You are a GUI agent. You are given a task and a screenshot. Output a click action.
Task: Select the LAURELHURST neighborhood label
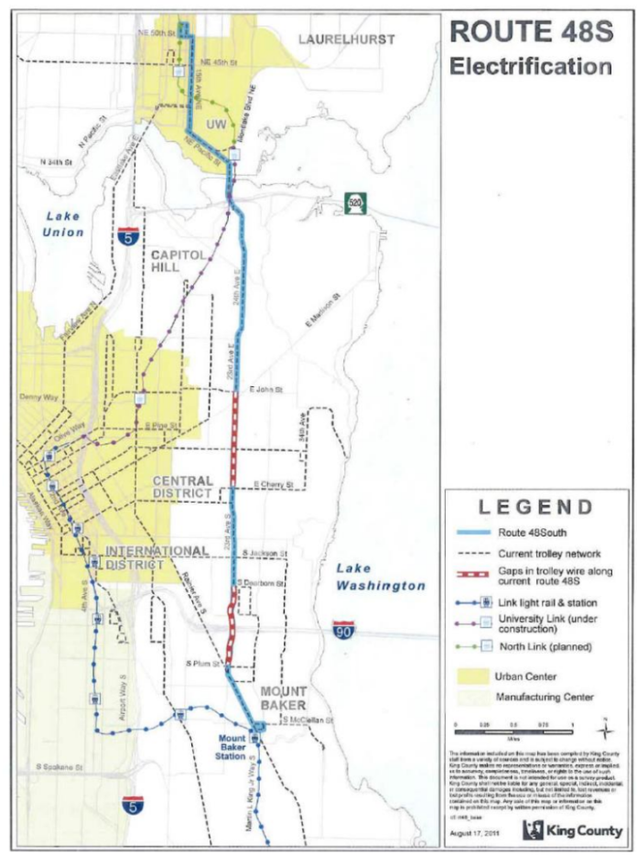(347, 39)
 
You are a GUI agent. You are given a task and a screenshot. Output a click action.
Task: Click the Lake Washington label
(380, 578)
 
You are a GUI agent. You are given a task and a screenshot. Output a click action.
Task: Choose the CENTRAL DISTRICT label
(183, 487)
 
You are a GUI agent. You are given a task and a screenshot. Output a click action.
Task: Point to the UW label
(216, 123)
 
